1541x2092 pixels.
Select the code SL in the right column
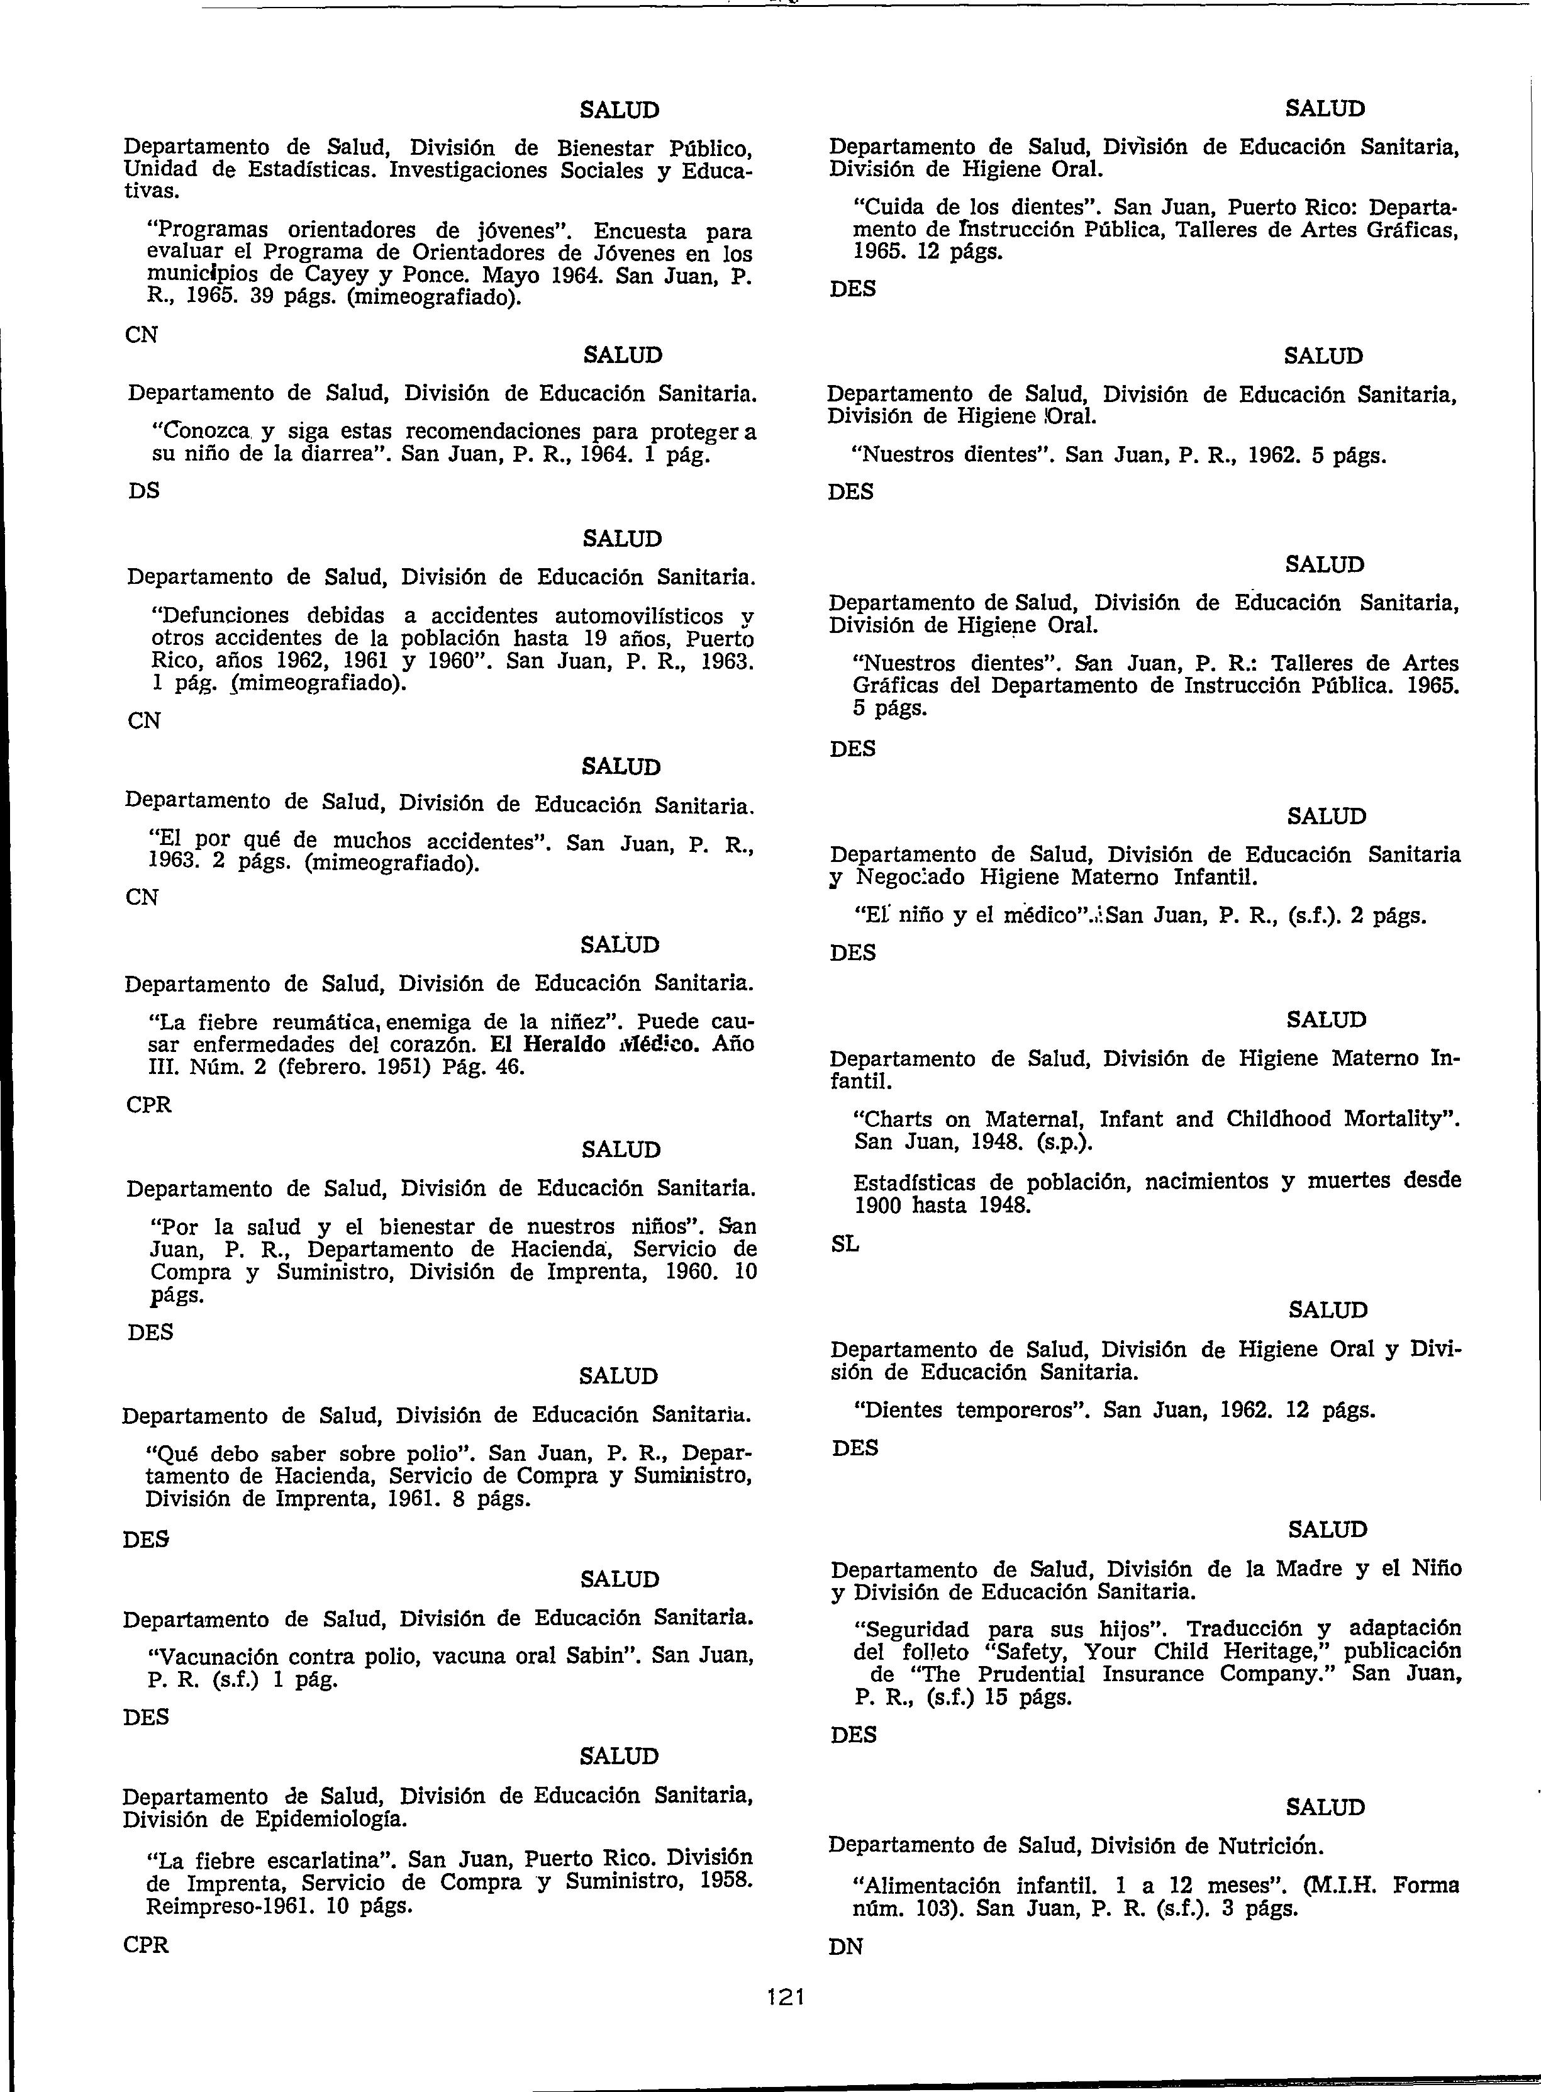point(844,1245)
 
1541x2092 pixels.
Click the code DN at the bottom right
point(846,1947)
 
